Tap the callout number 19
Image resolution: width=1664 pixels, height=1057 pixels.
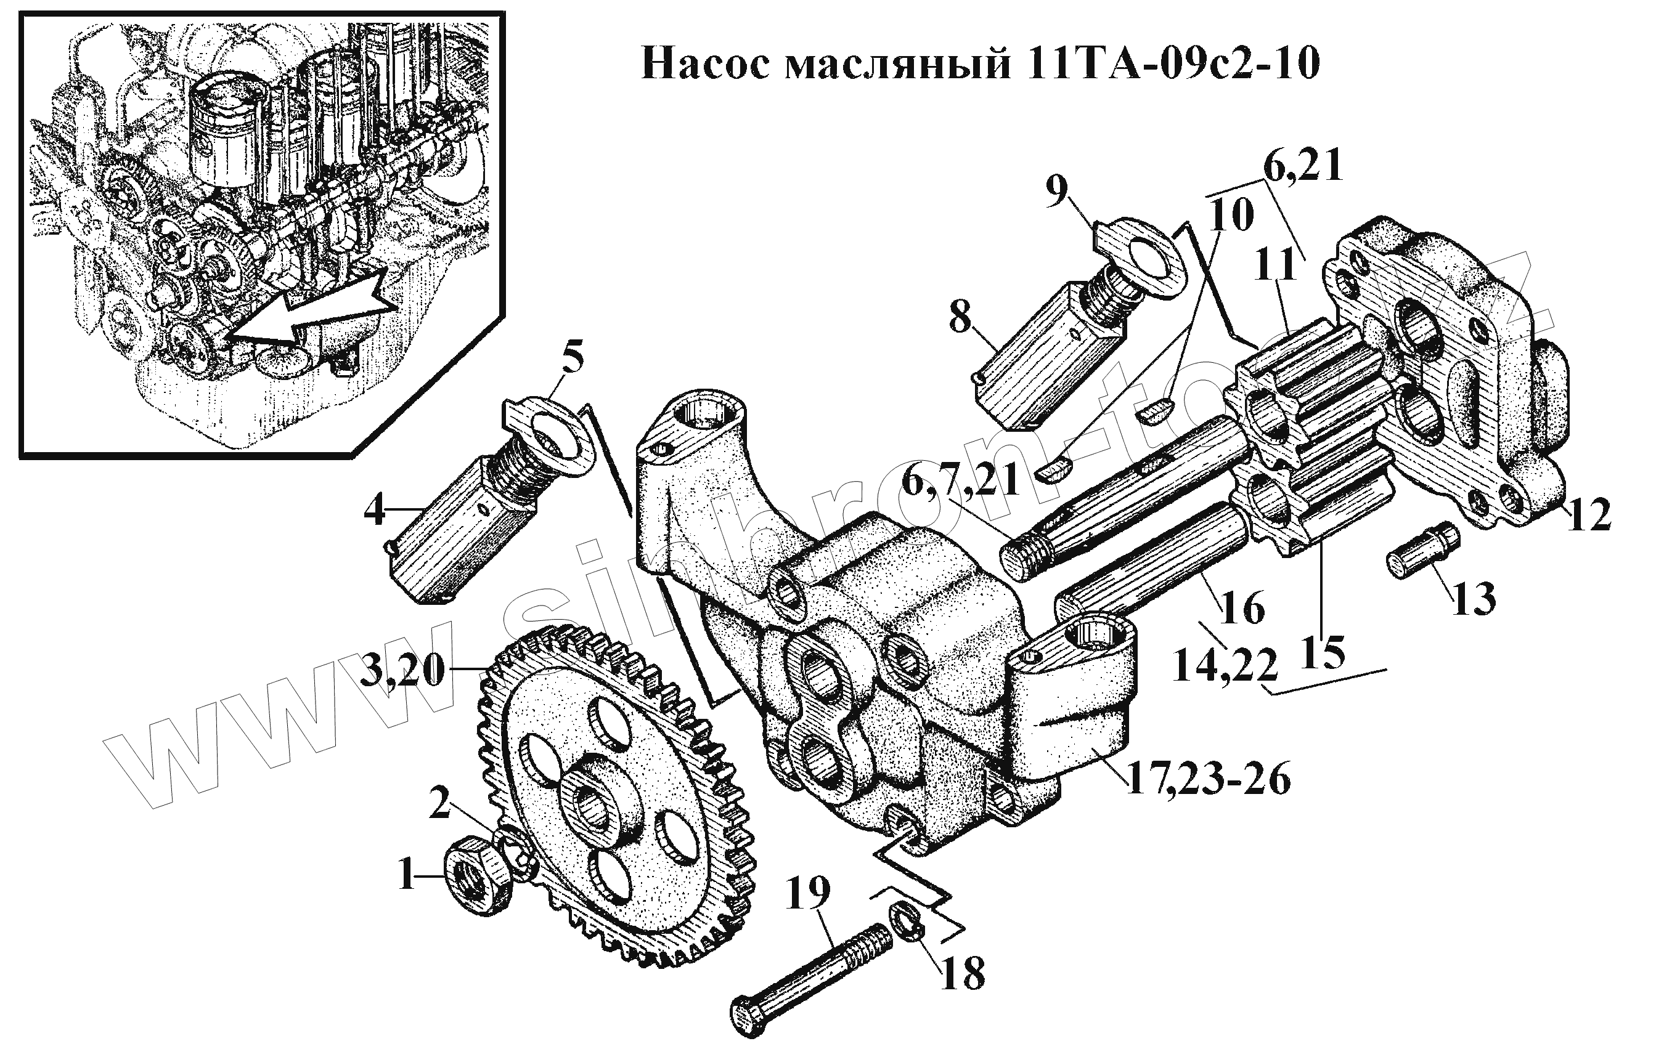(x=808, y=893)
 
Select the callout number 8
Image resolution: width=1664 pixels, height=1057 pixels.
(x=961, y=318)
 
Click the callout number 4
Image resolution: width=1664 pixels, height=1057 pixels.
(x=375, y=511)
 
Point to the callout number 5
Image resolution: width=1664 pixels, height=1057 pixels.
(x=572, y=358)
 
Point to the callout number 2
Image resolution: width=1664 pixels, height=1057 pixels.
(x=440, y=803)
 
